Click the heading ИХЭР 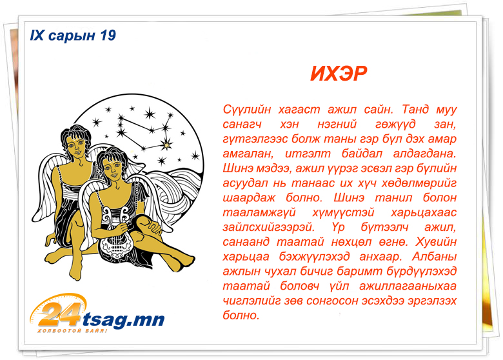coord(339,74)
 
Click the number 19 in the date coord(108,35)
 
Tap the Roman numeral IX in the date coord(37,35)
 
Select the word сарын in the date coord(72,36)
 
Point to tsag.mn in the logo coord(124,319)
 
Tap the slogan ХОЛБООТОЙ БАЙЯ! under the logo coord(72,331)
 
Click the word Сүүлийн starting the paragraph coord(247,110)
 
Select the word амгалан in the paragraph coord(248,154)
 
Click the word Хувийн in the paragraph coord(436,242)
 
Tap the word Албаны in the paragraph coord(435,257)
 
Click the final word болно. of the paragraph coord(241,315)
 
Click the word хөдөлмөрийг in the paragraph coord(419,183)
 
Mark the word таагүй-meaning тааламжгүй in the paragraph coord(259,213)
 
